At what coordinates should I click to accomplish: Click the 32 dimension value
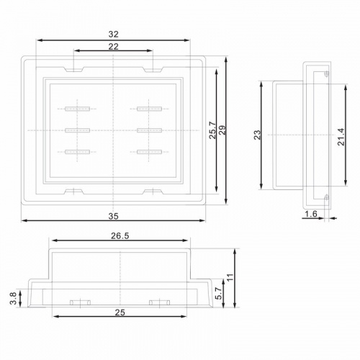click(114, 35)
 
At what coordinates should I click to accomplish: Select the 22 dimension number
click(114, 47)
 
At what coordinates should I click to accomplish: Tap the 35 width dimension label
click(114, 216)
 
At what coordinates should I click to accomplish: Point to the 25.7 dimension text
click(212, 130)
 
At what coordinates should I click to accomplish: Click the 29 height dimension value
click(222, 130)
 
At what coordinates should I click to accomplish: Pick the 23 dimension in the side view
click(257, 135)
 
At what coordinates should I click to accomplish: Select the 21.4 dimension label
click(341, 137)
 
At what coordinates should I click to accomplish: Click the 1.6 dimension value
click(311, 214)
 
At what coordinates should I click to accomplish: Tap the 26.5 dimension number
click(120, 236)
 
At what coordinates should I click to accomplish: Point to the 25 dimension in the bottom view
click(120, 312)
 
